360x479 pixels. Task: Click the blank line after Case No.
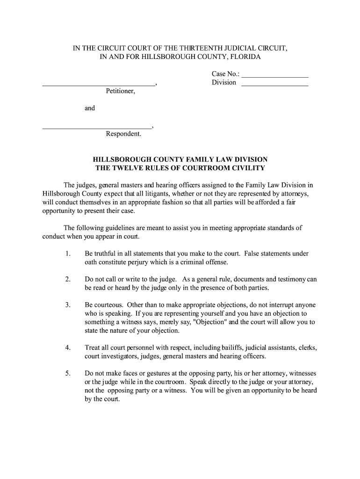point(275,76)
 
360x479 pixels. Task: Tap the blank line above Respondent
point(97,128)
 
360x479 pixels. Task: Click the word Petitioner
point(120,91)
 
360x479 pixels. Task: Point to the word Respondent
point(123,134)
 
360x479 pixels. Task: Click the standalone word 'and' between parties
point(89,108)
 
